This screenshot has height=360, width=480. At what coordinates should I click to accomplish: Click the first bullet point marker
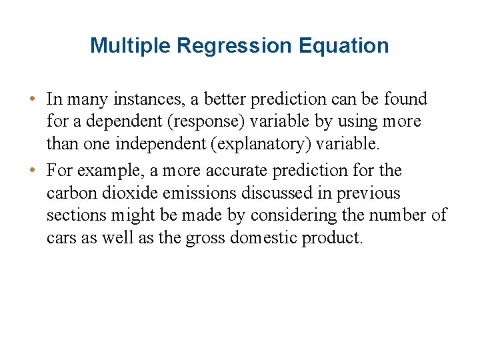33,100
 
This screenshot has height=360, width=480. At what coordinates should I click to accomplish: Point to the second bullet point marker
33,171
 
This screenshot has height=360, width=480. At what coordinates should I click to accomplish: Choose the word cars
62,239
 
